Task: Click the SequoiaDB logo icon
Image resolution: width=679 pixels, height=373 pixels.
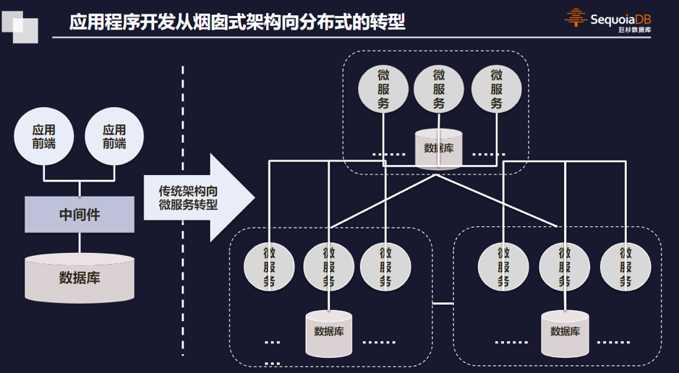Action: pos(576,17)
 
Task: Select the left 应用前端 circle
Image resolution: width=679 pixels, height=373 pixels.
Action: pos(43,137)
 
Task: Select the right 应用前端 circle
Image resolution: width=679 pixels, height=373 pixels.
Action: pos(114,137)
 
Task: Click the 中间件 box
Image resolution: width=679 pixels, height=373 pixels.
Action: pos(80,214)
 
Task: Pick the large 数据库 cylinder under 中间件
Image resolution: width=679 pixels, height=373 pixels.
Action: pos(80,277)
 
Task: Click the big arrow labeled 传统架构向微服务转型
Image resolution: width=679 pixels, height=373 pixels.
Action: pos(198,197)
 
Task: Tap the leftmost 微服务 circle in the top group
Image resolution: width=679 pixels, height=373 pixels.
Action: pos(383,89)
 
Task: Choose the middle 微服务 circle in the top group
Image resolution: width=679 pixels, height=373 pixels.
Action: pos(439,89)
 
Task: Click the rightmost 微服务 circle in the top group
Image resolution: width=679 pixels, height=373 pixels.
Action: pos(496,89)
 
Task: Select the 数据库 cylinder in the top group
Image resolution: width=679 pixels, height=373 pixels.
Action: pos(439,148)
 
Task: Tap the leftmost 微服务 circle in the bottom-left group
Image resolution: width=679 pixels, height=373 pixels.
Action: pos(270,265)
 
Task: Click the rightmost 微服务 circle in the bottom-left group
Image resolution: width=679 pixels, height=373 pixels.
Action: pos(385,265)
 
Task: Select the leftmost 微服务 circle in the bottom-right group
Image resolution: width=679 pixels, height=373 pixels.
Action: pos(503,265)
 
